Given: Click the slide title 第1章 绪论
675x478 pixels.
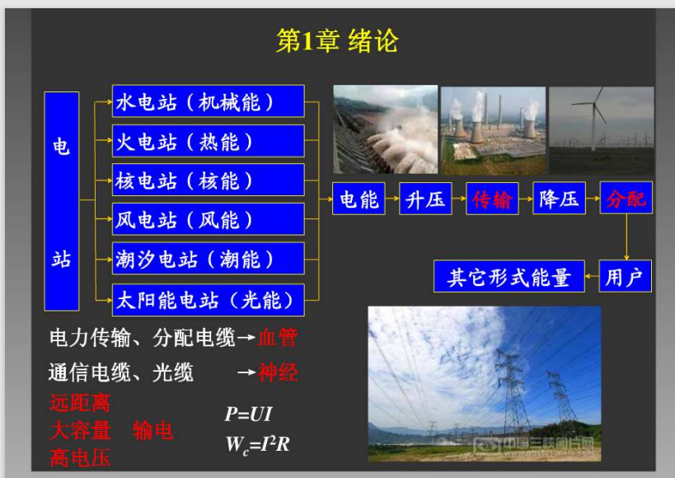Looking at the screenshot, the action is (x=337, y=41).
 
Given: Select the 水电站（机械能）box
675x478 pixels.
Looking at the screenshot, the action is (x=209, y=101).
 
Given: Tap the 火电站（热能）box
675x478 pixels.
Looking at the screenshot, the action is (x=209, y=141).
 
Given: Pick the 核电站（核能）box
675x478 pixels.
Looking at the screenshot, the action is (x=209, y=180).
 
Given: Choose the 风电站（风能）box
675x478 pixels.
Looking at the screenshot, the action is (x=209, y=219).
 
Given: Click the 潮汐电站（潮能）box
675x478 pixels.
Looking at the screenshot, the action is (x=209, y=259).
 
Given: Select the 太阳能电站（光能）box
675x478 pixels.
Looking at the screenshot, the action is (x=209, y=300).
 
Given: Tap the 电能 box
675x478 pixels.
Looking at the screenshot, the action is (x=359, y=199).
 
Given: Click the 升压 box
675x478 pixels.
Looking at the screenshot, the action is (x=425, y=199).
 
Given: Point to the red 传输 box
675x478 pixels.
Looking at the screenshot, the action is (x=492, y=199).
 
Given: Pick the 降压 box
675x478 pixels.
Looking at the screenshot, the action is (x=559, y=199).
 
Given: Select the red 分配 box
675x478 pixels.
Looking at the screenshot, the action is (x=626, y=198).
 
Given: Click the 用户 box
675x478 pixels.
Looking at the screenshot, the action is (x=625, y=276).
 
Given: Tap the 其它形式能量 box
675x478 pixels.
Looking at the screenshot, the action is (x=509, y=276).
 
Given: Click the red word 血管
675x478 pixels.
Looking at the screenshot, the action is (x=278, y=337).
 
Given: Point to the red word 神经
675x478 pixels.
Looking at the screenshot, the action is (x=278, y=372).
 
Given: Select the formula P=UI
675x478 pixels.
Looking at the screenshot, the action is (x=248, y=415).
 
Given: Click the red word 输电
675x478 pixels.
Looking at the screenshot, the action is (x=152, y=430).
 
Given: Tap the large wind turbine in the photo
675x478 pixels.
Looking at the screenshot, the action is (x=595, y=116).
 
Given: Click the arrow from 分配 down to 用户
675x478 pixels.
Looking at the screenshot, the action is (x=626, y=237).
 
